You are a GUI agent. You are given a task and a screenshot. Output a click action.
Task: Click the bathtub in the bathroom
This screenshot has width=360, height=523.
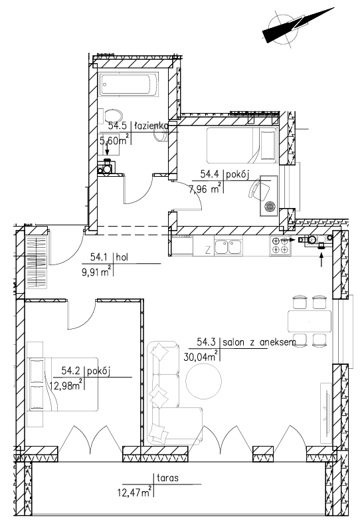129,84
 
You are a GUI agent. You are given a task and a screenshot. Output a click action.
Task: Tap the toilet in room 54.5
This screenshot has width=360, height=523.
114,116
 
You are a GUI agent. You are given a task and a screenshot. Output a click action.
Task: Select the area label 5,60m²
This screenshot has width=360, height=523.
115,140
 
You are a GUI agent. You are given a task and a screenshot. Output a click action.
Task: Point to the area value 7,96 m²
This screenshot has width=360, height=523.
205,189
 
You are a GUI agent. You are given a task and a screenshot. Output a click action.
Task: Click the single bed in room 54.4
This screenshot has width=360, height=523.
242,145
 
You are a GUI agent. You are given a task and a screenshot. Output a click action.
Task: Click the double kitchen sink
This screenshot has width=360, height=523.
228,247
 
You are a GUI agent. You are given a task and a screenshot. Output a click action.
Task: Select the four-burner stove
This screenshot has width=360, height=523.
280,245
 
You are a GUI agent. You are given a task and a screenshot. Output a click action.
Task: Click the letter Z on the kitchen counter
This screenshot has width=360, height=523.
208,250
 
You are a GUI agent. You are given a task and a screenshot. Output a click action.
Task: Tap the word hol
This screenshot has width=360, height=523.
122,257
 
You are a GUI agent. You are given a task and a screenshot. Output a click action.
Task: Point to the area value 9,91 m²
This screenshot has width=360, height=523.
96,272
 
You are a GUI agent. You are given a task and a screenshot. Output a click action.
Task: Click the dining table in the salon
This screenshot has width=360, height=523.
310,321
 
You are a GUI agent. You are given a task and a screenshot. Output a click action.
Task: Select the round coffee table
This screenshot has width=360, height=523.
204,381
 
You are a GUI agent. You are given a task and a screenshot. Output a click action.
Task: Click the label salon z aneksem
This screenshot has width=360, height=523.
259,342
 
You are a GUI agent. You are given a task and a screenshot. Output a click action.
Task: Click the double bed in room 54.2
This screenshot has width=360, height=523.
63,384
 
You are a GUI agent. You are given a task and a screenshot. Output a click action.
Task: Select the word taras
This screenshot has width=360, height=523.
167,478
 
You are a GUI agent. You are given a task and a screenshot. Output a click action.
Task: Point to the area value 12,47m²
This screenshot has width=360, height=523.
135,492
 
